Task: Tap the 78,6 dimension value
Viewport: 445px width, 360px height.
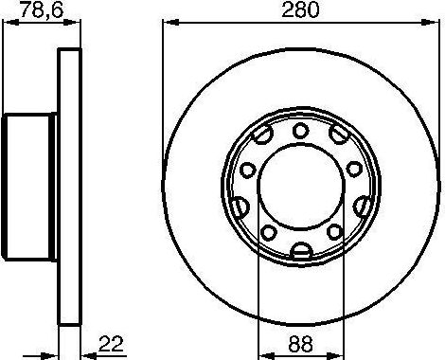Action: (x=21, y=11)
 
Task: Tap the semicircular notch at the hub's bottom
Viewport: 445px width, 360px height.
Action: (x=301, y=250)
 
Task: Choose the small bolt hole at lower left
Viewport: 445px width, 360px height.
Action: (x=269, y=233)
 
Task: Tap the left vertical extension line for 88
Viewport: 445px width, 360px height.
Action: (x=258, y=284)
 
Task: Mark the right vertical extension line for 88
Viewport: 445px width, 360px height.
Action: (x=343, y=284)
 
